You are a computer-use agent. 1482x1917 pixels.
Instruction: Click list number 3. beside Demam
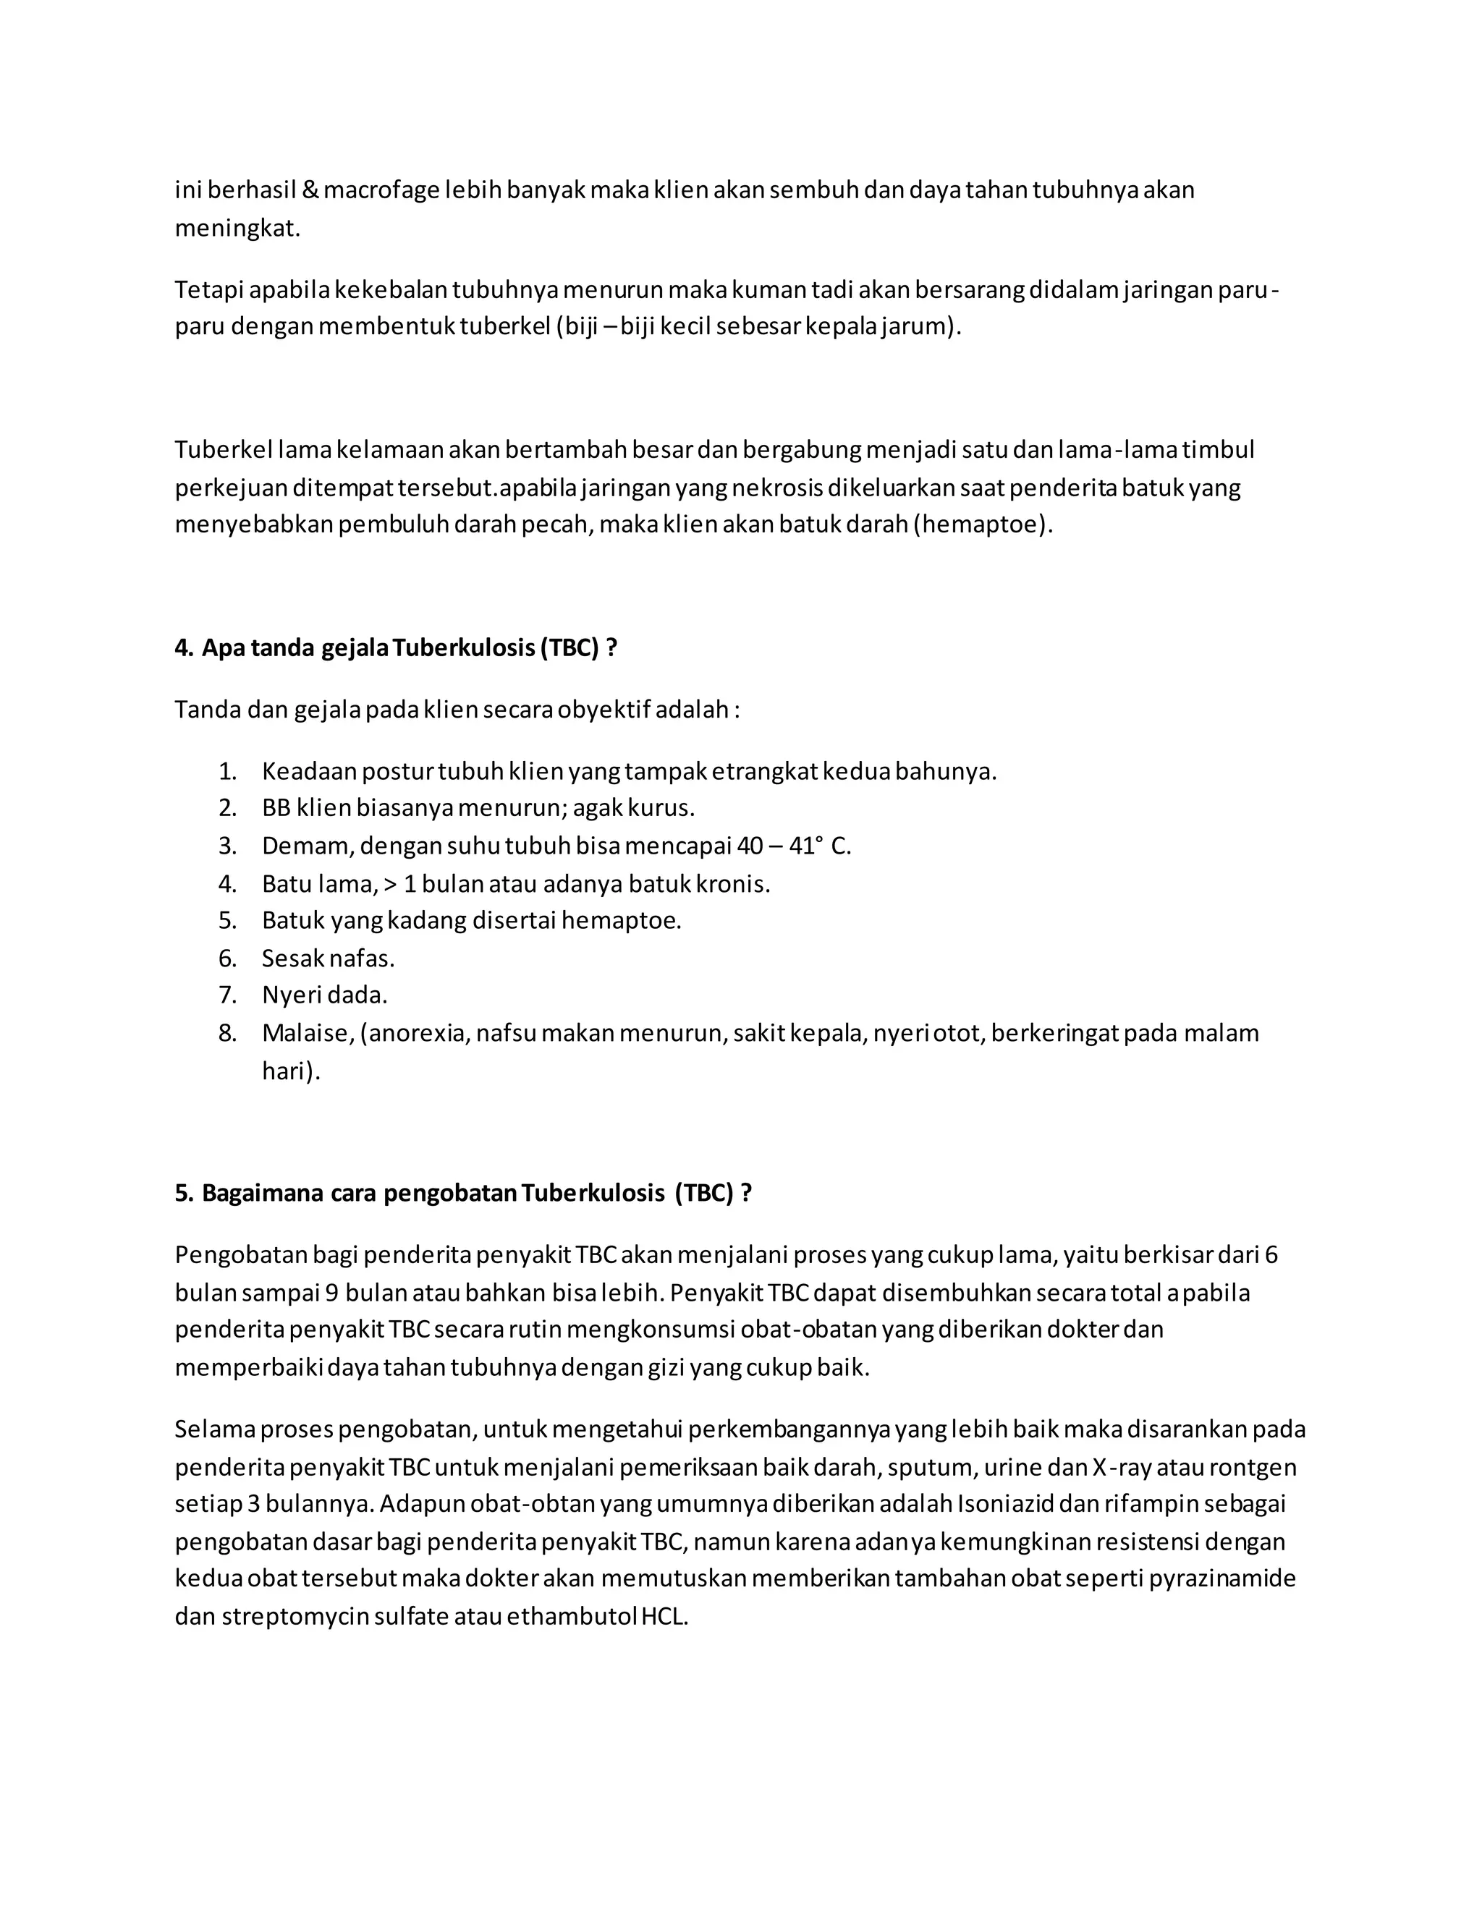click(227, 846)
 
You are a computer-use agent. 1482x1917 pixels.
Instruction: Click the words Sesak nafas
click(328, 958)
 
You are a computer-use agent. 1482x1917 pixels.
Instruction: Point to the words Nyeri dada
click(324, 995)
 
